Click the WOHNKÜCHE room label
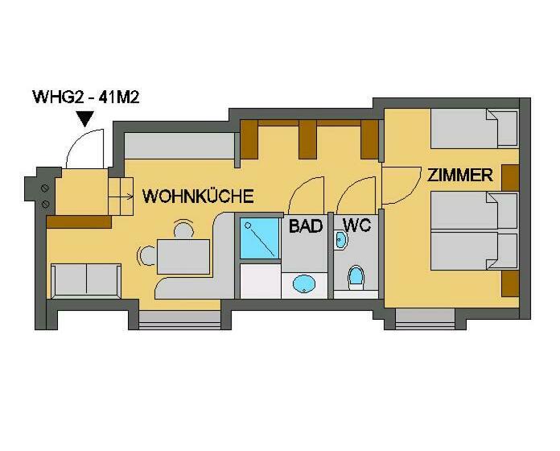point(198,196)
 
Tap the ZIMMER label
point(460,175)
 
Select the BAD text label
point(306,225)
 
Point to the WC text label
point(356,225)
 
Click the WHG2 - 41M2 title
point(86,97)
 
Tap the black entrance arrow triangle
point(86,119)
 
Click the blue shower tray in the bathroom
point(259,238)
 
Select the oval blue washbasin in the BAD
point(304,284)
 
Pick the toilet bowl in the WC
point(356,276)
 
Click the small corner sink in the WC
point(340,239)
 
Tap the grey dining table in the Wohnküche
point(183,257)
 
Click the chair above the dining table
point(183,230)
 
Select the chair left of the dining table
point(146,256)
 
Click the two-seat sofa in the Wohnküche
point(86,281)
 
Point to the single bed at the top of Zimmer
point(474,128)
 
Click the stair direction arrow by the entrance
point(121,197)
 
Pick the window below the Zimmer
point(425,319)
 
